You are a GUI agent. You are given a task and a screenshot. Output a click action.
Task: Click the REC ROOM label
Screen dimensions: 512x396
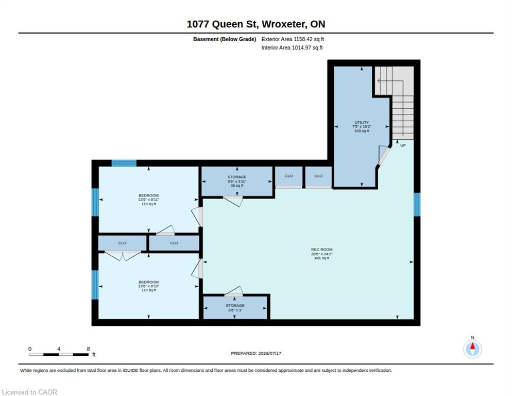click(x=321, y=250)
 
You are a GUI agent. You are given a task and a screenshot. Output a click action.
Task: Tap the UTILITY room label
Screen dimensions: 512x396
click(x=362, y=122)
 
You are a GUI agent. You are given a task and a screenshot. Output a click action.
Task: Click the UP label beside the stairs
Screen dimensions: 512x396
click(x=403, y=145)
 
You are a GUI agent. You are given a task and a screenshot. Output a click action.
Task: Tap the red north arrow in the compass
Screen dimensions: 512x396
click(x=472, y=346)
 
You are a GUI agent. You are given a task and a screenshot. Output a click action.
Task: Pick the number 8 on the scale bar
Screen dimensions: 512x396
click(x=88, y=349)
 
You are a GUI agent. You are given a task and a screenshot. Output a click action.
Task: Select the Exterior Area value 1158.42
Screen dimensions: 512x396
click(x=303, y=39)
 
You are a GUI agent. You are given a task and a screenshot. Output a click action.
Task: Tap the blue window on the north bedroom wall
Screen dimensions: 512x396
click(x=124, y=163)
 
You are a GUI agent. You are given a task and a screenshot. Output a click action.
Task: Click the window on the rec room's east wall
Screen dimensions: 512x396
click(x=417, y=204)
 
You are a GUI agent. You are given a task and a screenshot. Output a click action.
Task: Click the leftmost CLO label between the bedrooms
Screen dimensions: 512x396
click(x=122, y=243)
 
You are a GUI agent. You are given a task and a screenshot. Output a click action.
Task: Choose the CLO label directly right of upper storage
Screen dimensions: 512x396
click(x=288, y=176)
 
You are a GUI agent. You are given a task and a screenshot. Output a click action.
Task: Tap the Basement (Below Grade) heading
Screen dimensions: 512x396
click(x=225, y=39)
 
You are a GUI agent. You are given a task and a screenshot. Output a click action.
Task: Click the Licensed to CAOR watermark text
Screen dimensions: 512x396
click(x=29, y=392)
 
